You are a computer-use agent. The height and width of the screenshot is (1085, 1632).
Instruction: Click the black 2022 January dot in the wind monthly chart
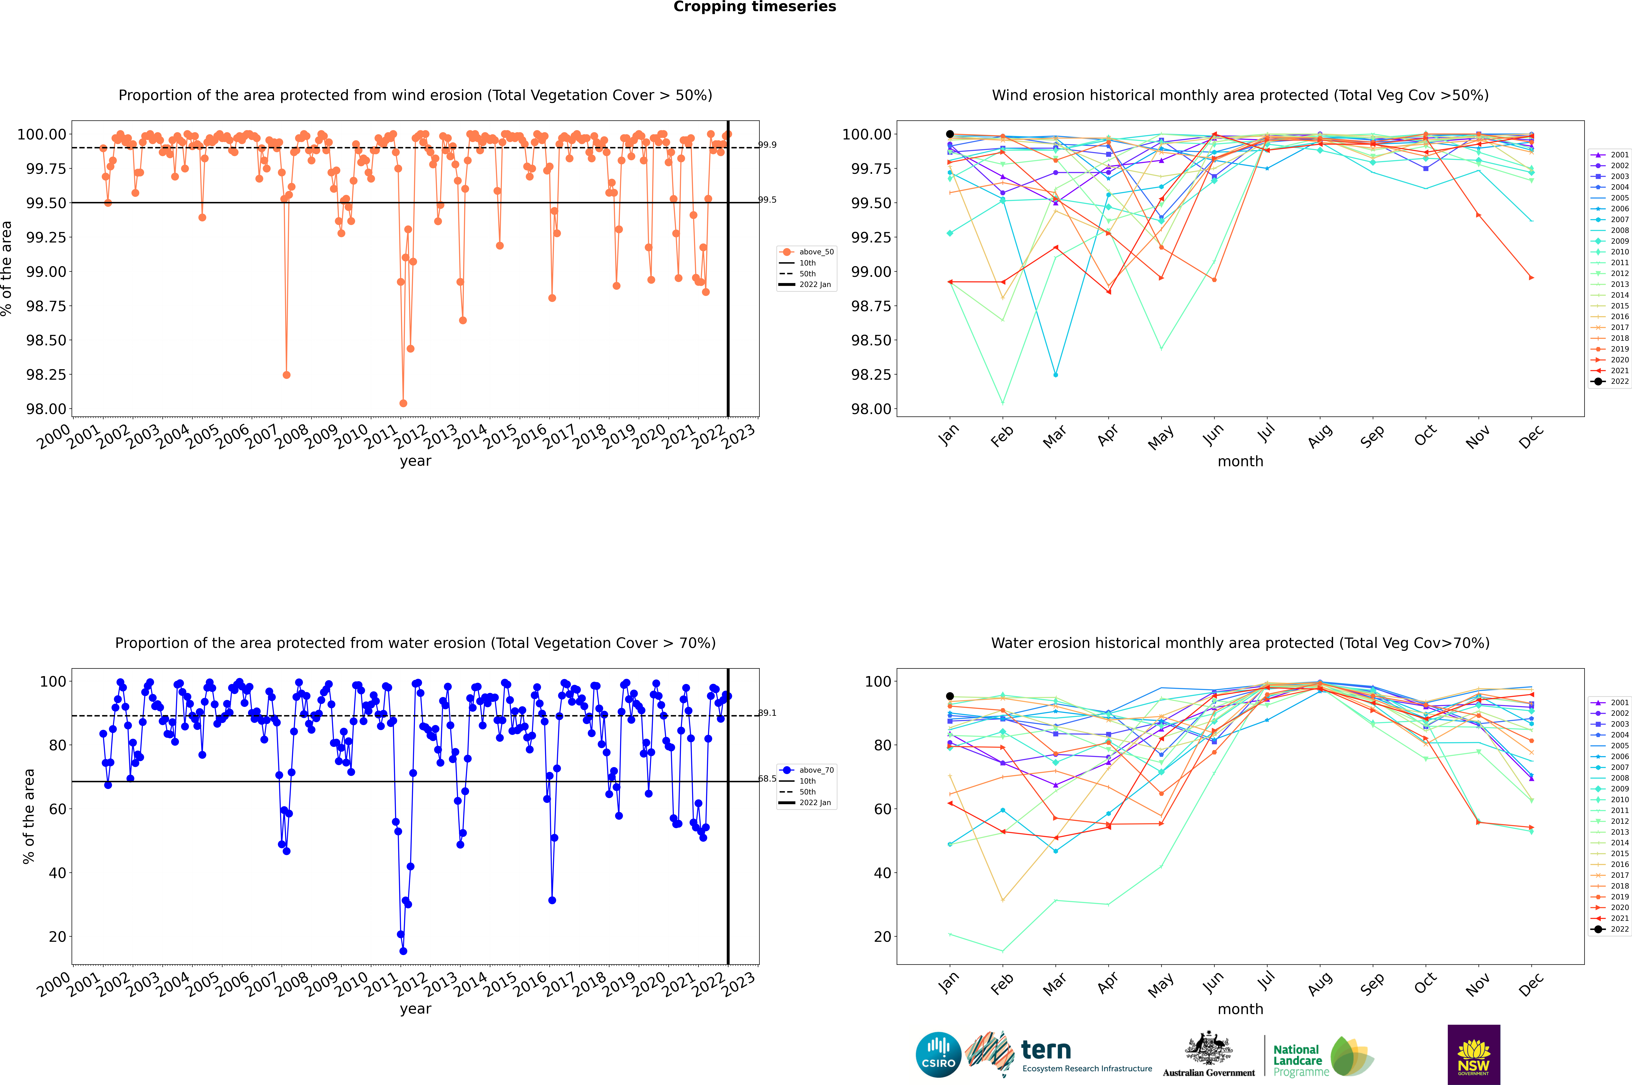click(x=950, y=134)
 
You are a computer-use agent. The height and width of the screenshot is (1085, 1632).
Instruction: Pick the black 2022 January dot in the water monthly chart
click(x=950, y=696)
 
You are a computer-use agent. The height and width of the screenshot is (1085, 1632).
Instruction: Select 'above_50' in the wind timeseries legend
click(x=816, y=252)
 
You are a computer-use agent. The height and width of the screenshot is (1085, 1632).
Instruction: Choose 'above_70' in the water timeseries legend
click(x=816, y=770)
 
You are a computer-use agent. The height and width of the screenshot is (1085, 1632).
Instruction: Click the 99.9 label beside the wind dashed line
click(x=767, y=145)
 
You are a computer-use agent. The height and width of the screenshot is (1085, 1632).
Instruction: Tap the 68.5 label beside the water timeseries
click(x=767, y=778)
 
